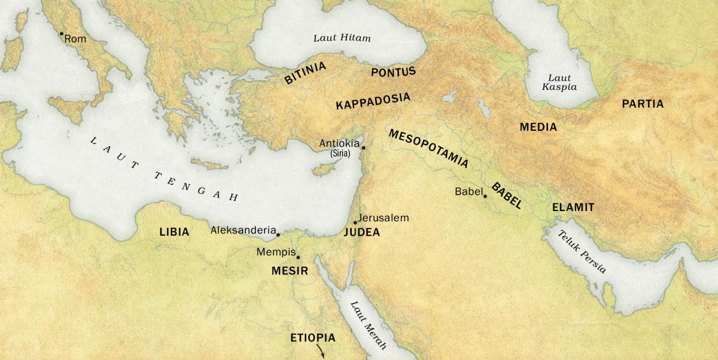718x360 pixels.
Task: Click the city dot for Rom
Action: (x=61, y=33)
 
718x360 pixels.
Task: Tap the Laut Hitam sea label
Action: (x=342, y=38)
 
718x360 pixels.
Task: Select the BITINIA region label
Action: (x=305, y=73)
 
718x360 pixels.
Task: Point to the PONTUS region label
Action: (x=393, y=72)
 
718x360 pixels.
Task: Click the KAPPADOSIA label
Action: (x=373, y=101)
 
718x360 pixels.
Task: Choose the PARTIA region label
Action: (x=643, y=104)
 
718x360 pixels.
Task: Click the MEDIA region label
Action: (x=538, y=127)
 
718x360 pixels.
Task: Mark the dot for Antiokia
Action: (x=363, y=147)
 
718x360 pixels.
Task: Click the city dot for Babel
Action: (x=485, y=196)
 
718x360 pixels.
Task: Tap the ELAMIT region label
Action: (x=573, y=208)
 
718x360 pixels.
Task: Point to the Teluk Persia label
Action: (x=582, y=252)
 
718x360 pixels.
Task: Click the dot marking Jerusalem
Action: (x=355, y=222)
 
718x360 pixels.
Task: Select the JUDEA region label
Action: (x=361, y=233)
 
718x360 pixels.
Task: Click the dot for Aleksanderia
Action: (x=278, y=234)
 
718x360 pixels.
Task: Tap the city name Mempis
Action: (x=276, y=252)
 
